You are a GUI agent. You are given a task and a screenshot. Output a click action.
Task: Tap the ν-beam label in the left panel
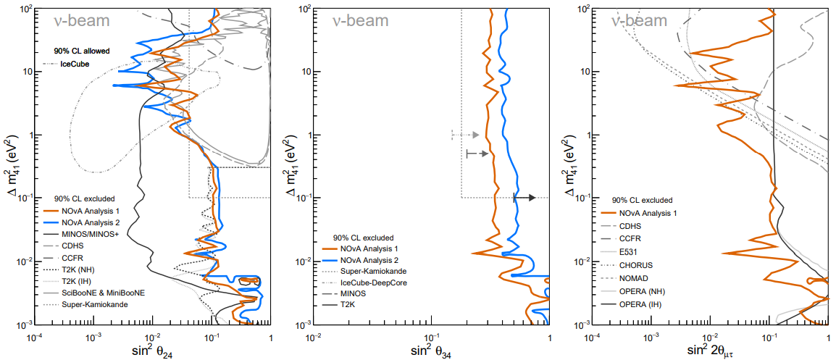pos(81,21)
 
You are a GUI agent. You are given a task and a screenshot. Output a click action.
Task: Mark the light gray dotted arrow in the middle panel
pos(465,135)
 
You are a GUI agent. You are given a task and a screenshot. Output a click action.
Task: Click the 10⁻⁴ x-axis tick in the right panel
pos(593,337)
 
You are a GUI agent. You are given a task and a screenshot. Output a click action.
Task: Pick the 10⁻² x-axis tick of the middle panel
pos(314,337)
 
